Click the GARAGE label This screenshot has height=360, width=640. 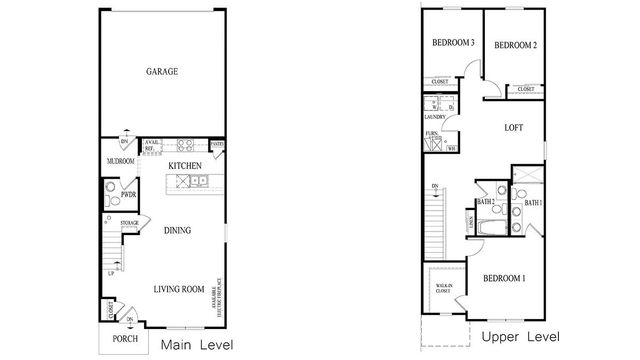[162, 72]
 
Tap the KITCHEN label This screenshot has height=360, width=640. [185, 165]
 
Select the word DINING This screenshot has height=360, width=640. [177, 230]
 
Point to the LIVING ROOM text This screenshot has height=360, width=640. [180, 290]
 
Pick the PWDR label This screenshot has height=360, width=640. [129, 195]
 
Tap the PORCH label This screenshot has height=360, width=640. [125, 338]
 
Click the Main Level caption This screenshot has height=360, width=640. [197, 346]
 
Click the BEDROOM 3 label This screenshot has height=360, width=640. [452, 44]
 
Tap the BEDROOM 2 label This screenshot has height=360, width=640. [516, 45]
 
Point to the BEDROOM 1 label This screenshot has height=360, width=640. [503, 277]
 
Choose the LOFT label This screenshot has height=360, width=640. [513, 128]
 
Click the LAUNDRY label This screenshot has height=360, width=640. [433, 118]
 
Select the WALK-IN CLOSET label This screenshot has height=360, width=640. [444, 290]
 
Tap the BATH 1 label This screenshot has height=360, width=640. [533, 203]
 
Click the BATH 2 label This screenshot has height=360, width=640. [486, 202]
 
